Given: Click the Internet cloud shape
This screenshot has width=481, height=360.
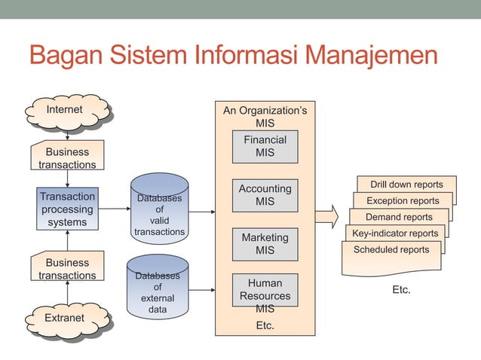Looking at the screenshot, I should click(66, 111).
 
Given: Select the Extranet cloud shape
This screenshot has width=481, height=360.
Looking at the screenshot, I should click(66, 318).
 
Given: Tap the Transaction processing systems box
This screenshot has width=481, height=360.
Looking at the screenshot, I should click(67, 209).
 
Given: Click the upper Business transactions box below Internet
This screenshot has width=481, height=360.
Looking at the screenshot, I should click(67, 158).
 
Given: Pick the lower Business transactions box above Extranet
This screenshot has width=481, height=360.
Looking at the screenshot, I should click(67, 269).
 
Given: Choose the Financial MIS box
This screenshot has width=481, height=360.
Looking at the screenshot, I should click(265, 147).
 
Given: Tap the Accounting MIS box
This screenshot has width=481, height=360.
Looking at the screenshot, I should click(265, 195).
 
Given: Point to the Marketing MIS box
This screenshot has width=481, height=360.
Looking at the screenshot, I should click(265, 244).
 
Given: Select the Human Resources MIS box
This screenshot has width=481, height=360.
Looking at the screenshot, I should click(265, 294).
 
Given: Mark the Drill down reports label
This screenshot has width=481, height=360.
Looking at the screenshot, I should click(406, 185).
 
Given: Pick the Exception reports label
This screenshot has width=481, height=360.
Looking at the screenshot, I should click(403, 201).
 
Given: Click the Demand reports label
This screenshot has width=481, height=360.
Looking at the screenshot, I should click(399, 217).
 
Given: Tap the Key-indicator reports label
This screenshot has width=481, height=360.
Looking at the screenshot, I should click(394, 233).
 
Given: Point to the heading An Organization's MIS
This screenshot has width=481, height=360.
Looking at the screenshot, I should click(265, 117).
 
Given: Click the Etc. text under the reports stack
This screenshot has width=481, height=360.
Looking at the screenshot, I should click(401, 289).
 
